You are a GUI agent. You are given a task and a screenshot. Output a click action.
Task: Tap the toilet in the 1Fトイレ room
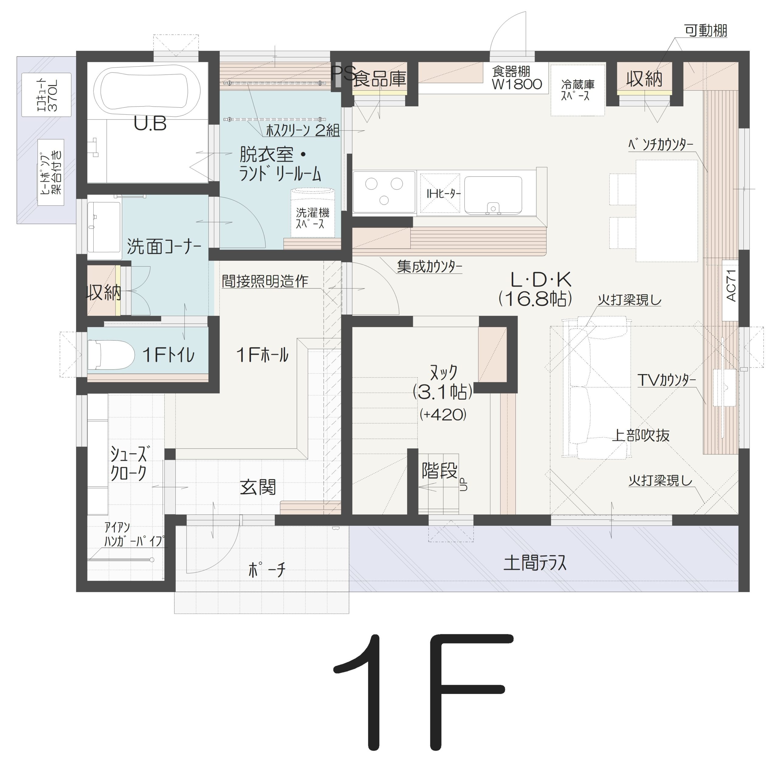(x=111, y=354)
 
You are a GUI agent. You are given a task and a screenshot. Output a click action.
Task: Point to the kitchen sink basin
(x=493, y=195)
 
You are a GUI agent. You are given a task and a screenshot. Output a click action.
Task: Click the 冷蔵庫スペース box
(x=577, y=90)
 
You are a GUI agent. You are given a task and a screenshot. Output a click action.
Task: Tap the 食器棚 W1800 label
(x=517, y=78)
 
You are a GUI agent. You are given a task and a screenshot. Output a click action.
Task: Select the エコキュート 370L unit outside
(x=46, y=95)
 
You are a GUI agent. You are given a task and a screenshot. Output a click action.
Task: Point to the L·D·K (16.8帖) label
(x=535, y=288)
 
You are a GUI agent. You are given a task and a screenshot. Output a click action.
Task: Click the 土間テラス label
(x=535, y=563)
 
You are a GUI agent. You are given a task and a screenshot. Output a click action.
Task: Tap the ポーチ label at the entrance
(x=267, y=569)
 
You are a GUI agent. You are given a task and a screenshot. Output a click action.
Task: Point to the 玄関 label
(x=258, y=488)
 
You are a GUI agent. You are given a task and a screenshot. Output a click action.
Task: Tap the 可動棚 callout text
(x=706, y=31)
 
